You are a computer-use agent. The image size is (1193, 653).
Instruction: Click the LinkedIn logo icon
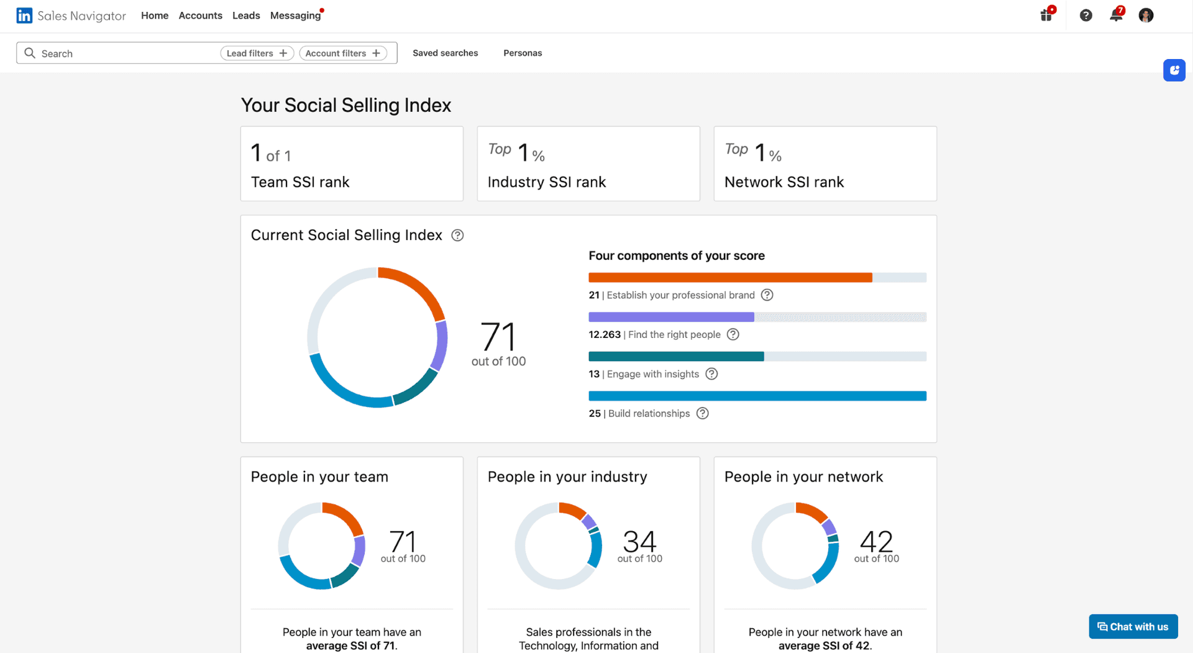click(24, 16)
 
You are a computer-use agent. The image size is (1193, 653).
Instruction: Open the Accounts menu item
click(200, 16)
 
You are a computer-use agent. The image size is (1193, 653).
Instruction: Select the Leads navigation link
click(246, 16)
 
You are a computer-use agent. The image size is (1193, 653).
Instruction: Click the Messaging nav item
click(295, 16)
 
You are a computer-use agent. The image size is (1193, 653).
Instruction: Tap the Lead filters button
click(257, 53)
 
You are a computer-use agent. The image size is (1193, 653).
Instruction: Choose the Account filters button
click(343, 53)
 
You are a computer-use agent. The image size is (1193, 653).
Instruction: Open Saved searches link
click(445, 53)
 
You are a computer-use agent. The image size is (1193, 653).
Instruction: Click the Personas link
click(523, 53)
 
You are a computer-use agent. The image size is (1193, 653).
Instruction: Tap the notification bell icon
click(1116, 16)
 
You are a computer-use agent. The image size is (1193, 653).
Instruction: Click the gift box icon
click(1046, 16)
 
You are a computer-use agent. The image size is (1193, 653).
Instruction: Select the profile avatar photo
click(1146, 16)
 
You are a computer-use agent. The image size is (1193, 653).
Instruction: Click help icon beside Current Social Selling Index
click(457, 235)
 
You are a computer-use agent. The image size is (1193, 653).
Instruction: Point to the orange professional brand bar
click(730, 278)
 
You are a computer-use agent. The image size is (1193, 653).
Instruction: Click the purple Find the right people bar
click(671, 317)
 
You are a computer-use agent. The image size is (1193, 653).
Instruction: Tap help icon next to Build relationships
click(702, 414)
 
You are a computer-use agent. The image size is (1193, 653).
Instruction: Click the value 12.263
click(604, 335)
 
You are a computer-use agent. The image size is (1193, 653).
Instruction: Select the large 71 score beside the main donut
click(498, 337)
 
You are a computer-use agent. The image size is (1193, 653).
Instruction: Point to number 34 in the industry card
click(639, 542)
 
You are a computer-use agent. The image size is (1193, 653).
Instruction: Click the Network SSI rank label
click(784, 182)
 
